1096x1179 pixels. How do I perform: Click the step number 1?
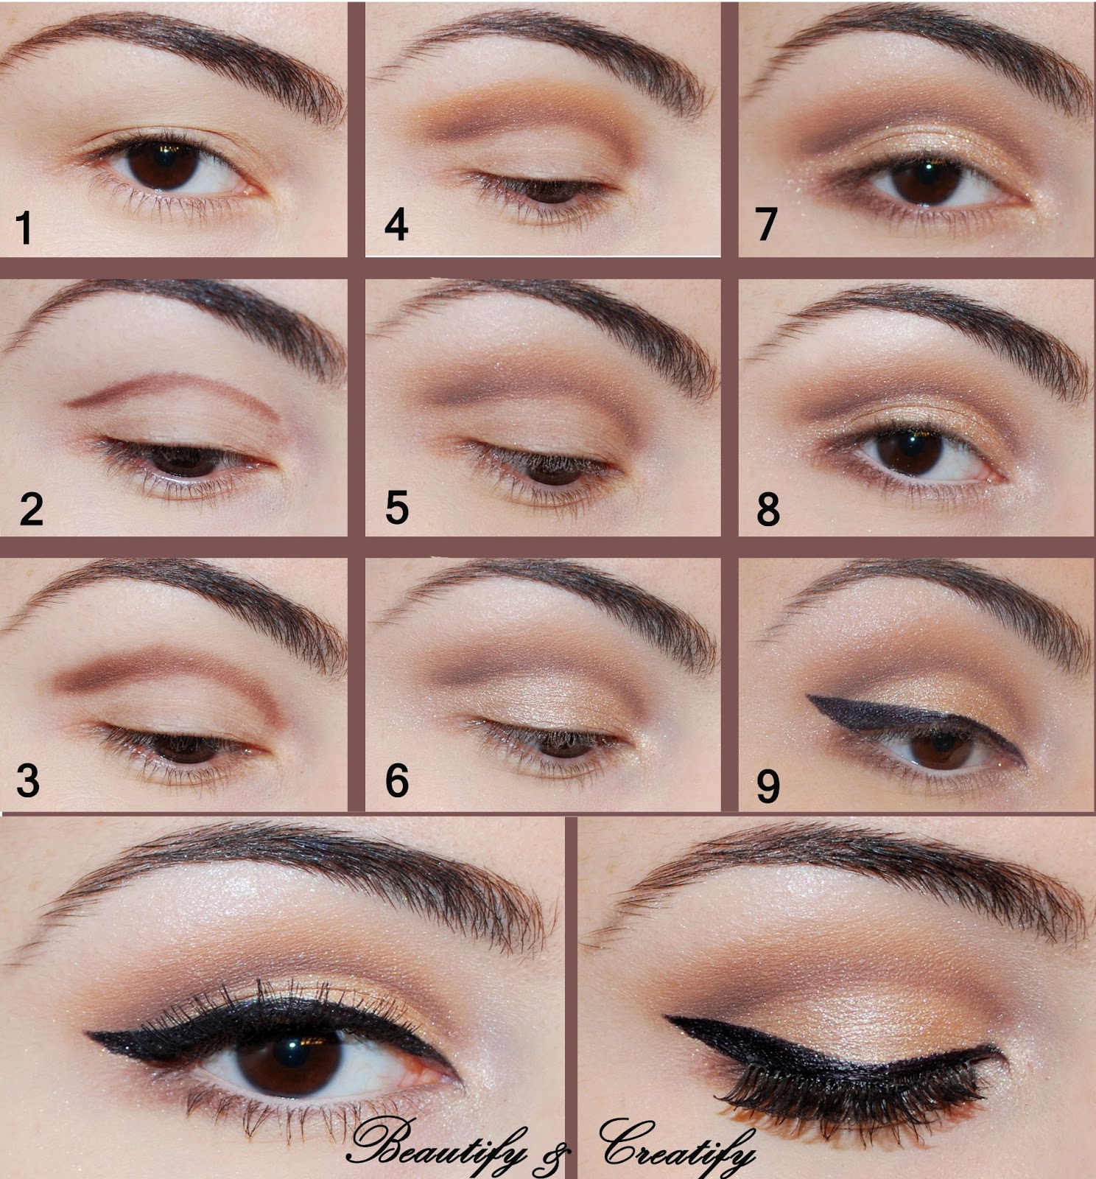[x=24, y=227]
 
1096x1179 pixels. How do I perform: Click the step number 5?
[x=397, y=508]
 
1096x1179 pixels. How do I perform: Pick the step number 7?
[x=767, y=224]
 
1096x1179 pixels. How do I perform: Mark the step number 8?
[x=768, y=509]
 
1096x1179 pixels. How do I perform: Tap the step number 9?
[x=768, y=786]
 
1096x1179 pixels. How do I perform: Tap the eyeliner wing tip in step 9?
[x=809, y=697]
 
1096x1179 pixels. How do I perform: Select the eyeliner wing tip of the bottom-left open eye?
[x=88, y=1035]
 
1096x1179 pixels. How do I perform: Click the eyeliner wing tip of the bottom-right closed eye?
[x=667, y=1019]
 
